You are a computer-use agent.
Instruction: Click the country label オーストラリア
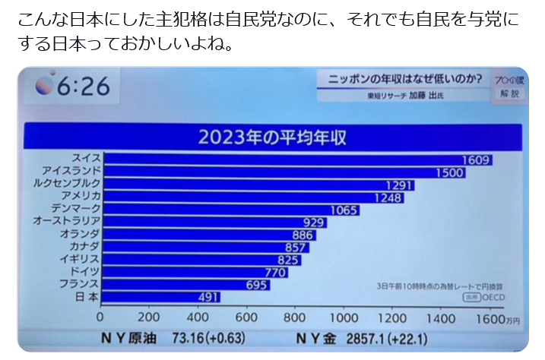67,222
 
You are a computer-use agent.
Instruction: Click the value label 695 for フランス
257,285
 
